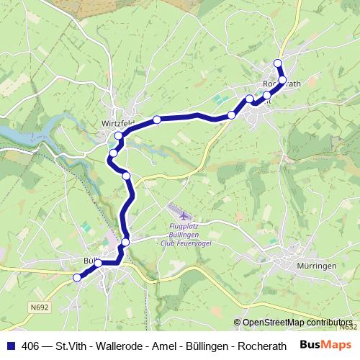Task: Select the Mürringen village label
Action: coord(317,266)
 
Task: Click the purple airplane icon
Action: coord(179,215)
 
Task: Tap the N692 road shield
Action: coord(39,306)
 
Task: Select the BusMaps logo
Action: coord(325,345)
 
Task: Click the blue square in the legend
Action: coord(9,346)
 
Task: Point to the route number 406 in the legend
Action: coord(31,346)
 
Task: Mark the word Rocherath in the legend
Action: coord(262,346)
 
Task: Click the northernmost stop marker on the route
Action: coord(278,63)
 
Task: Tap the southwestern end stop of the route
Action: coord(77,277)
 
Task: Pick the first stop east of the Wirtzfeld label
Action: coord(156,120)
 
